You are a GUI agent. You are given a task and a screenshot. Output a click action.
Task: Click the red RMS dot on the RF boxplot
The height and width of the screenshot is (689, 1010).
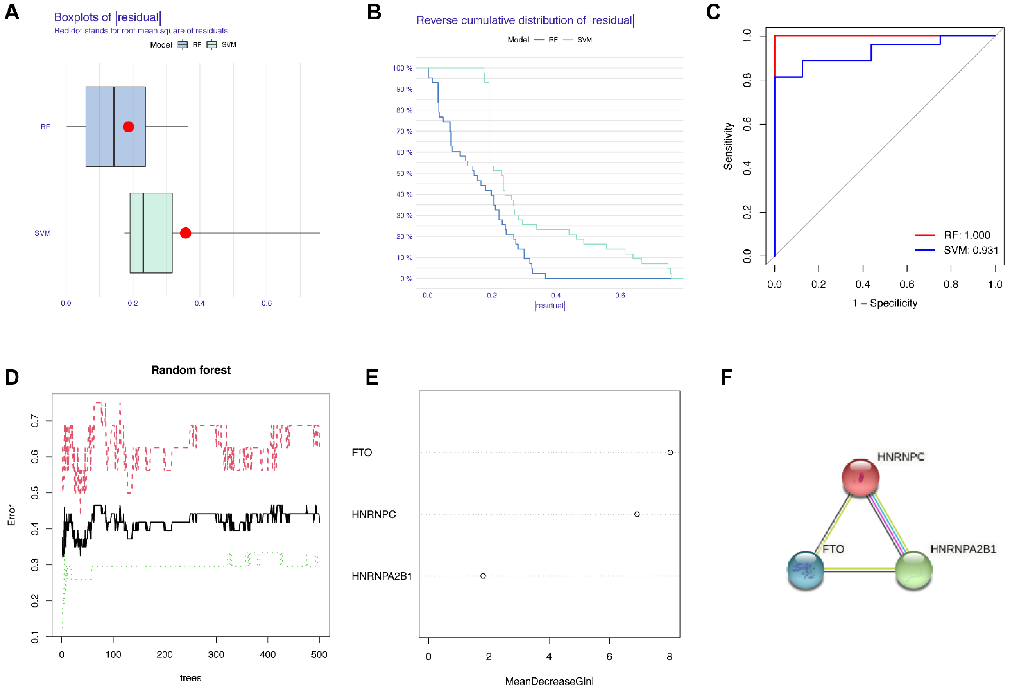coord(128,126)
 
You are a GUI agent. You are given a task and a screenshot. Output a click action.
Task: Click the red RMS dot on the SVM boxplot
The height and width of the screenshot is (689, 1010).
coord(186,233)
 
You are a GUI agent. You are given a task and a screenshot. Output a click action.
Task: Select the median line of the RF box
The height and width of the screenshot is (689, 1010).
coord(114,126)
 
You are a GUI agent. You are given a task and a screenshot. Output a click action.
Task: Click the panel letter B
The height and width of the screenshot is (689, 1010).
coord(374,12)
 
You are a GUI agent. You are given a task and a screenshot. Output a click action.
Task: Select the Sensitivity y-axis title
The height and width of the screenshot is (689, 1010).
coord(728,146)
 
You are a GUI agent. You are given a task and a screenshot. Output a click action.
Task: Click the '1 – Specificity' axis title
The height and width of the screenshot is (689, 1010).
coord(885,303)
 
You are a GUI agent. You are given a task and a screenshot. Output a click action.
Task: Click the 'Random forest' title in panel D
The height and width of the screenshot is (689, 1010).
coord(191,370)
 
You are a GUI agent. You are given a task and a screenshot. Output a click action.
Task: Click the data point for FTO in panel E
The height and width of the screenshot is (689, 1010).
coord(670,453)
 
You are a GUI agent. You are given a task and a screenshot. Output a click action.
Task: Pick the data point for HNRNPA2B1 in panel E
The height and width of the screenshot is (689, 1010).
coord(483,576)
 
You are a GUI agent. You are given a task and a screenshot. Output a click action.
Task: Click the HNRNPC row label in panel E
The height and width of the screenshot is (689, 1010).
coord(374,514)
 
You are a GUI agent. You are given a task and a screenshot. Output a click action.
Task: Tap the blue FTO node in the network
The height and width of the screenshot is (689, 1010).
coord(806,569)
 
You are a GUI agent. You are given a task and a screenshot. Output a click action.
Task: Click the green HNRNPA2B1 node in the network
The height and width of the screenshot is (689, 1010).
coord(913,569)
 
